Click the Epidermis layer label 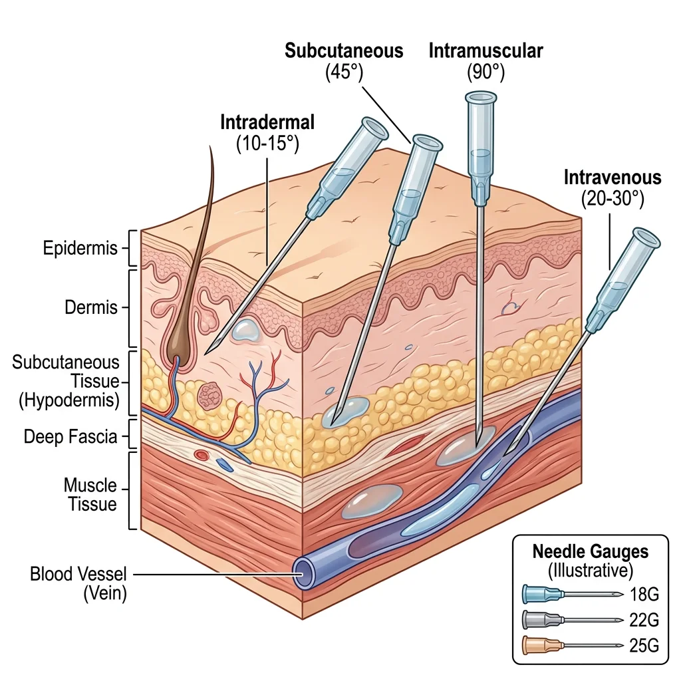coord(80,249)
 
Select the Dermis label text coord(91,308)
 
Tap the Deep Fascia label coord(70,437)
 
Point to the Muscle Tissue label coord(90,494)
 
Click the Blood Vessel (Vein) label coord(78,583)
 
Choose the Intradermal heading coord(267,123)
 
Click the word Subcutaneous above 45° coord(344,51)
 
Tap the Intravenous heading coord(613,178)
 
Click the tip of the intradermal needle coord(206,350)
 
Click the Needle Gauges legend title coord(590,552)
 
